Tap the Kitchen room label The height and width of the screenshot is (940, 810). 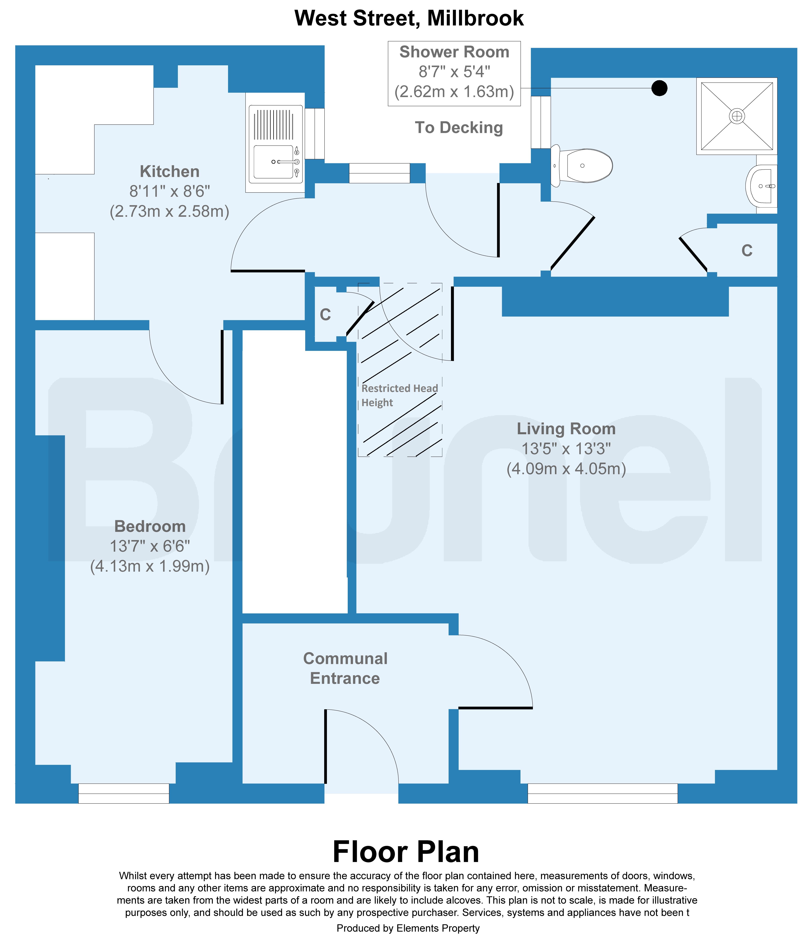(170, 172)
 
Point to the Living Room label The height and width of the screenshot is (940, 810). (566, 429)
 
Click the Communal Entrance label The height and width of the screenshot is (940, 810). (345, 668)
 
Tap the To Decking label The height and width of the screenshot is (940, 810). (459, 128)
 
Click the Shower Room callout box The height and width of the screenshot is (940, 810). (454, 74)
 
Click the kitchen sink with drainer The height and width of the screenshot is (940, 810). (275, 142)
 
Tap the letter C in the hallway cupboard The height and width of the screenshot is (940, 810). (325, 314)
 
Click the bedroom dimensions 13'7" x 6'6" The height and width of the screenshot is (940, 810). (150, 546)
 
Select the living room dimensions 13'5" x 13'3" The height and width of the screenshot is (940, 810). (566, 449)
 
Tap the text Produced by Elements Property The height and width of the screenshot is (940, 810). (408, 928)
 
